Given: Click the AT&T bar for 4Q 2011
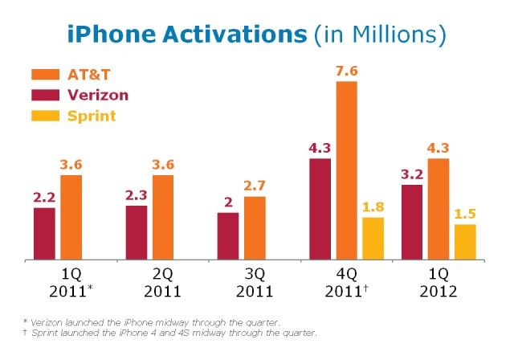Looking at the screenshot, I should coord(346,170).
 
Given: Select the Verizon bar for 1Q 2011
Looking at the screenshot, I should coord(44,234).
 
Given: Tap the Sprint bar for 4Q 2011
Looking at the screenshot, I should coord(373,239).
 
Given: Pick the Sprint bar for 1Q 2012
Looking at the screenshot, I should coord(465,242).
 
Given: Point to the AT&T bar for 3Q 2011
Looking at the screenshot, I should coord(255,228).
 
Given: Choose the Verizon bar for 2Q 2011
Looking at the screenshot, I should coord(137,233).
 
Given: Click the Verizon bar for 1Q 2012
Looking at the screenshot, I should coord(411,223).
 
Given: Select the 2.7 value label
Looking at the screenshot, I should coord(255,186).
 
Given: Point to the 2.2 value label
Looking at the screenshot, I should coord(44,197).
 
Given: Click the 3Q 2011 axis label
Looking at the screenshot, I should coord(255,282).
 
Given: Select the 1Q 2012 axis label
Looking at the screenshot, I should coord(438,282).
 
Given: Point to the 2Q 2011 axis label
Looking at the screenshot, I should coord(163,282).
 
